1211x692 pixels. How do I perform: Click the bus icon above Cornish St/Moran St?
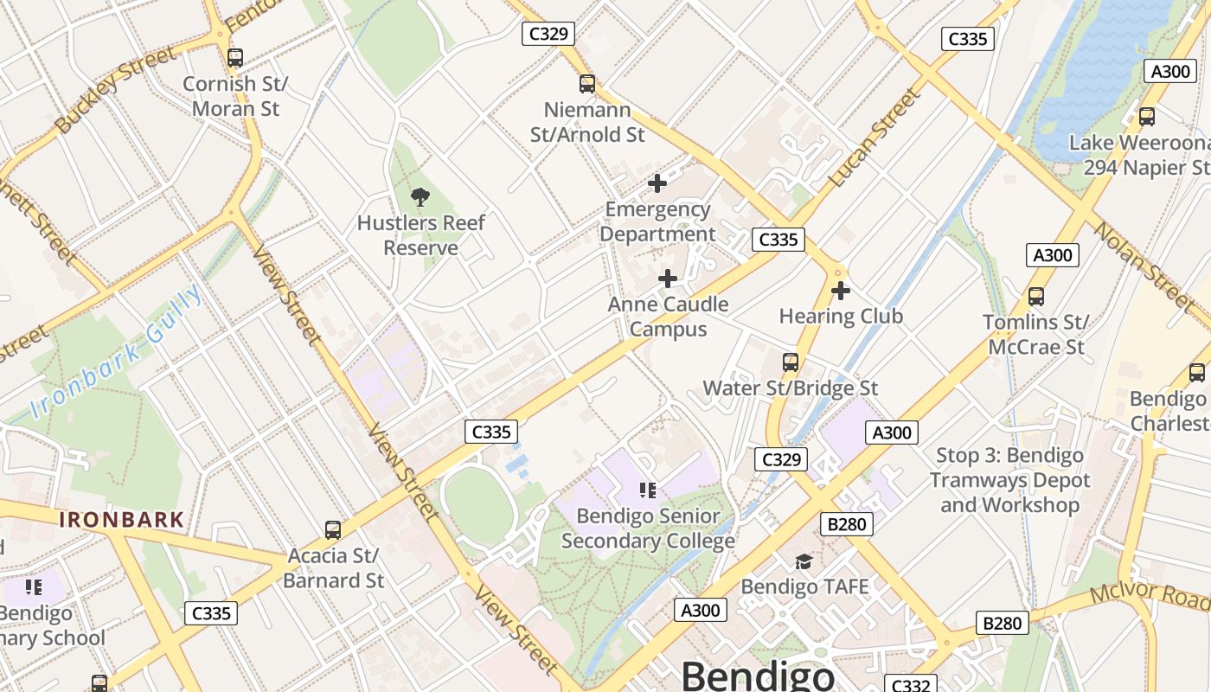pyautogui.click(x=234, y=58)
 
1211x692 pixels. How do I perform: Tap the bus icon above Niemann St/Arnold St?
pyautogui.click(x=587, y=84)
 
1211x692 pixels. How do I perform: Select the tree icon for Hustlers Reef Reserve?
pyautogui.click(x=420, y=196)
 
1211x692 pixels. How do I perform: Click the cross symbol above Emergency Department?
pyautogui.click(x=657, y=183)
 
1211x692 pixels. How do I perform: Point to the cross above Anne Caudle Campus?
pyautogui.click(x=668, y=279)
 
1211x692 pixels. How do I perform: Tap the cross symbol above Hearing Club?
pyautogui.click(x=840, y=291)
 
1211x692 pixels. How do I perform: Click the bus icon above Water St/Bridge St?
pyautogui.click(x=790, y=362)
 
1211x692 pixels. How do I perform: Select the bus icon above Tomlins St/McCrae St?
pyautogui.click(x=1035, y=297)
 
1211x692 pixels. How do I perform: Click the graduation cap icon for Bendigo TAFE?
pyautogui.click(x=804, y=561)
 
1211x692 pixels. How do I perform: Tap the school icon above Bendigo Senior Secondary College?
pyautogui.click(x=648, y=490)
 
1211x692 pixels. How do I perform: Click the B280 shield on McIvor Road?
pyautogui.click(x=1003, y=623)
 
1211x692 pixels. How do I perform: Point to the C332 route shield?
pyautogui.click(x=910, y=685)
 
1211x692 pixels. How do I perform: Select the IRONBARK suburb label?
pyautogui.click(x=122, y=520)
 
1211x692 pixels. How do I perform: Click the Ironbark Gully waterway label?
pyautogui.click(x=117, y=353)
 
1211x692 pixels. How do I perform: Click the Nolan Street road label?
pyautogui.click(x=1142, y=263)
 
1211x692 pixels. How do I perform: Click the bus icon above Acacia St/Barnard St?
pyautogui.click(x=332, y=529)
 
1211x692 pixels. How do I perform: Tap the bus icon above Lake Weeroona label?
pyautogui.click(x=1146, y=117)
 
